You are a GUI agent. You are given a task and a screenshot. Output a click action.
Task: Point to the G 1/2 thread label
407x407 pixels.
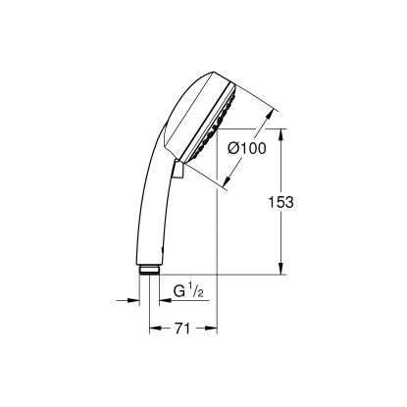[x=185, y=291]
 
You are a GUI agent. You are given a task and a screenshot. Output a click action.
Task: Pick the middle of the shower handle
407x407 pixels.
[x=153, y=196]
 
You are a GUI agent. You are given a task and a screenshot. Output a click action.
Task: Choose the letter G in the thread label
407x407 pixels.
[x=178, y=291]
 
